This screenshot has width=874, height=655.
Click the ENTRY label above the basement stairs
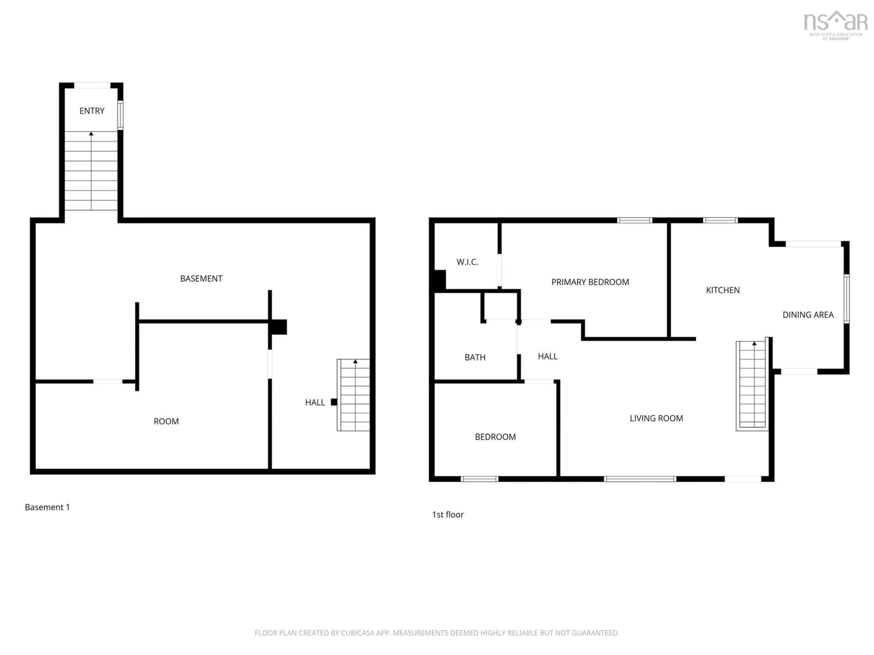(x=92, y=111)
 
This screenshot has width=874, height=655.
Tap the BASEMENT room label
(x=201, y=279)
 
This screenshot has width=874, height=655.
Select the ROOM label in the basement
(x=166, y=421)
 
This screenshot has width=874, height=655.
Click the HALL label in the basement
(x=315, y=402)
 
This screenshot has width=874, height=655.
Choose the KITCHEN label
(x=723, y=290)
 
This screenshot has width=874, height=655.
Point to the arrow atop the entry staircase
(x=91, y=134)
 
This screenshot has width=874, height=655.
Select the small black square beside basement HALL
(x=334, y=402)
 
